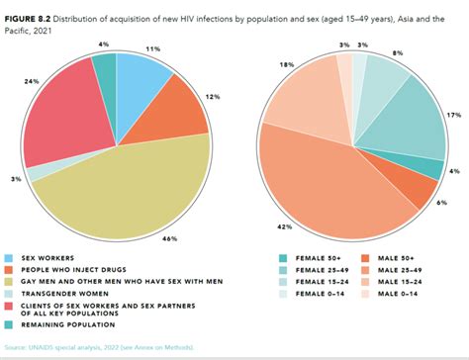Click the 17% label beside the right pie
pos(453,115)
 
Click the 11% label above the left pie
pos(153,47)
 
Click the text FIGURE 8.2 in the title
pos(30,8)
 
